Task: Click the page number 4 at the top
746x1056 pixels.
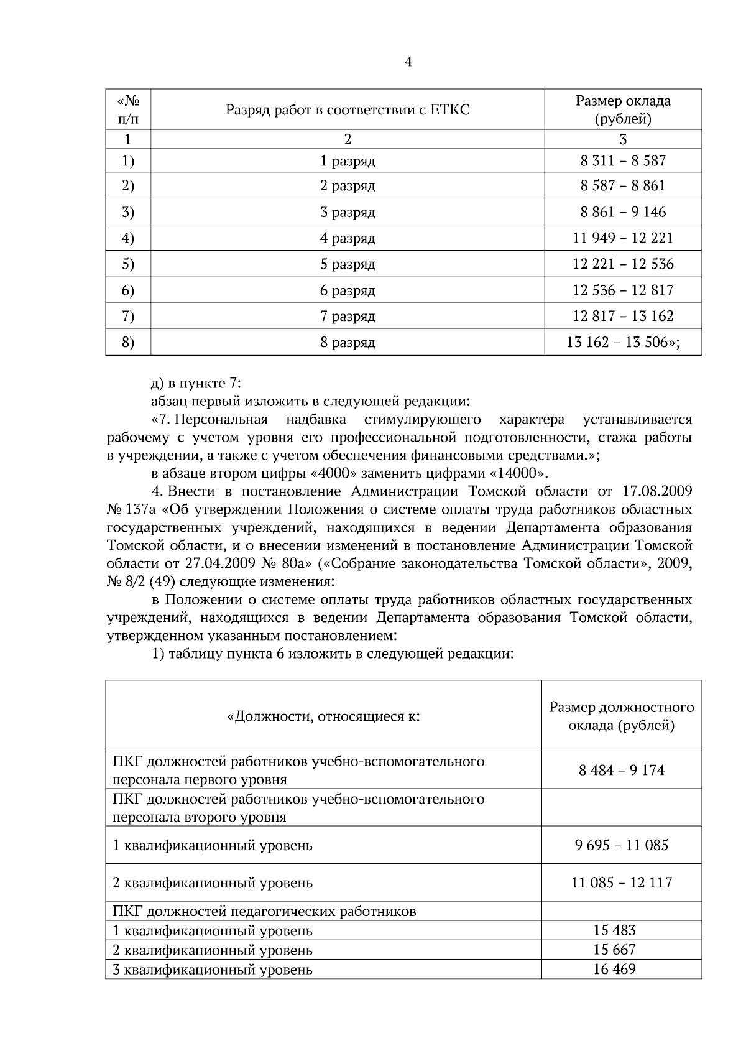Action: [x=408, y=62]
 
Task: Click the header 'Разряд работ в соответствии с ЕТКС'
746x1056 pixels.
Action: [x=348, y=110]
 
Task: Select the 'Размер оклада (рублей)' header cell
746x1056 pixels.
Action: [x=623, y=109]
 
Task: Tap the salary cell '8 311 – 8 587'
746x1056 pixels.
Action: [x=623, y=160]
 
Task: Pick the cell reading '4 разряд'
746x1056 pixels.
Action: [x=348, y=238]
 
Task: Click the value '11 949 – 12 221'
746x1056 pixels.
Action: [x=623, y=238]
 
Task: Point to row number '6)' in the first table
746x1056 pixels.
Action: [x=127, y=290]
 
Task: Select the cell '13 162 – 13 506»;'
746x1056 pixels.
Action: [x=623, y=342]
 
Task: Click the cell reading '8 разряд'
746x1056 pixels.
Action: [x=348, y=342]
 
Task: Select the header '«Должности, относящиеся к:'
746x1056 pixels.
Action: [x=323, y=716]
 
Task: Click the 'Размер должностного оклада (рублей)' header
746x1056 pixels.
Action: [x=622, y=716]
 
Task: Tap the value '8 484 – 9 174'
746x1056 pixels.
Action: [x=622, y=771]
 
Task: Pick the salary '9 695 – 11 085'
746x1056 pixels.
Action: [x=622, y=845]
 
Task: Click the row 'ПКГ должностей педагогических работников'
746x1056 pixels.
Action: [x=264, y=912]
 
